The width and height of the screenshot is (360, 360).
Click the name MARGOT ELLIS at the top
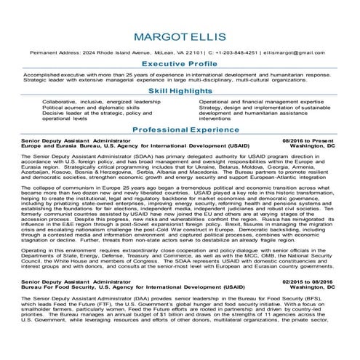coord(179,37)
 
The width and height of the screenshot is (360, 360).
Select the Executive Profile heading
coord(180,64)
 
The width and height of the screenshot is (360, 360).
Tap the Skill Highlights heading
coord(180,93)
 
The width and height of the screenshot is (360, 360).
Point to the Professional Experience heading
coord(180,129)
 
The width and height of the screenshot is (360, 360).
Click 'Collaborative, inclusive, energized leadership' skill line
coord(91,102)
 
